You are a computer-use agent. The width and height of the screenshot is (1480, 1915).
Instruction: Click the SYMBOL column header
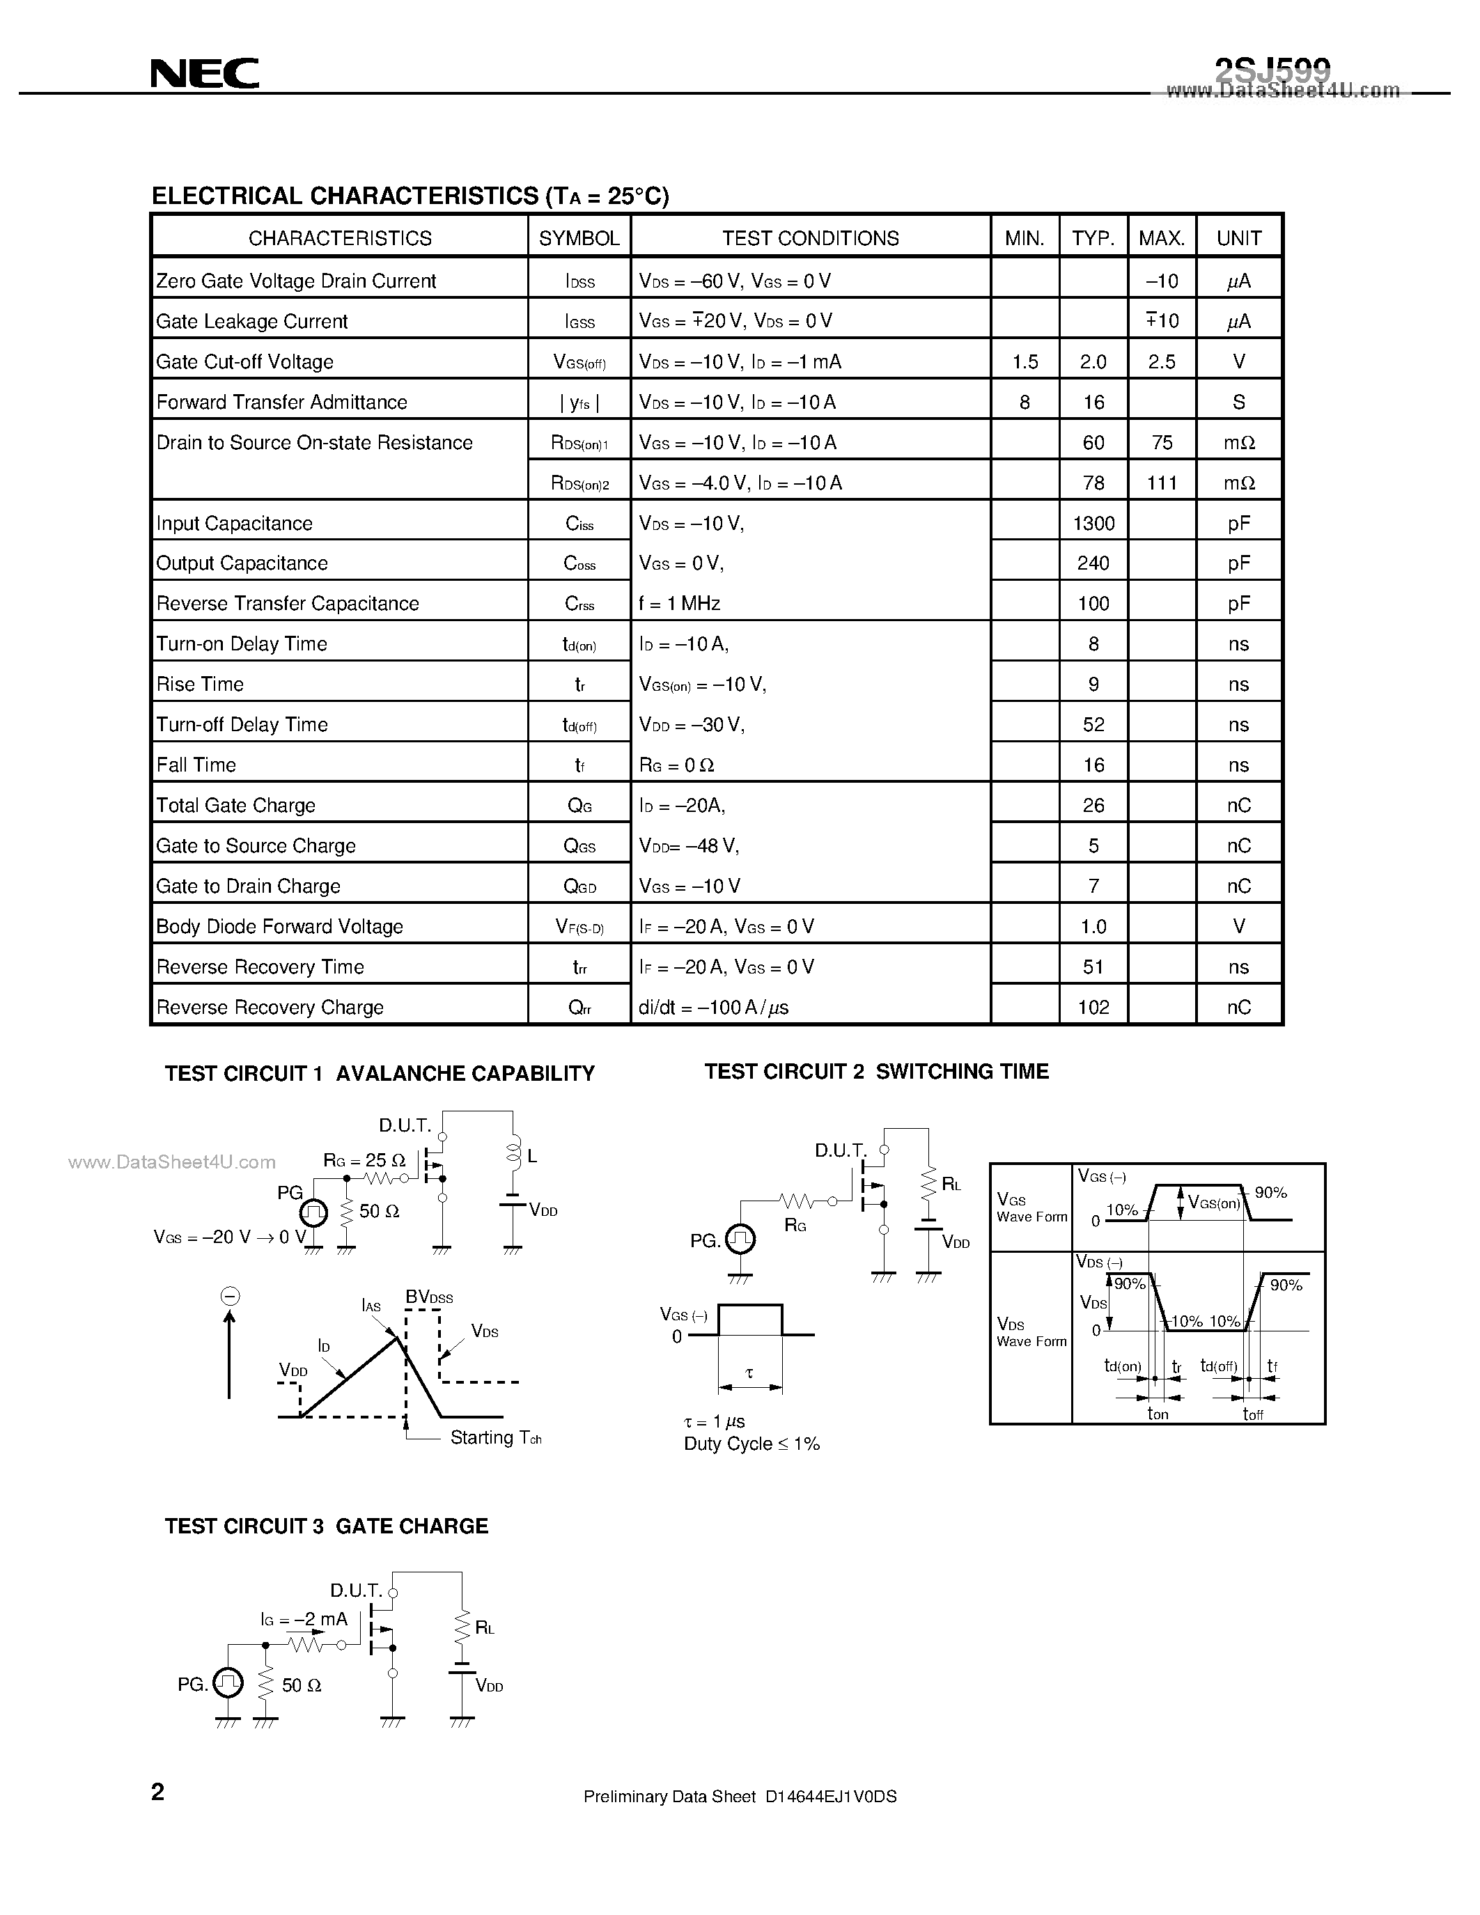[x=579, y=238]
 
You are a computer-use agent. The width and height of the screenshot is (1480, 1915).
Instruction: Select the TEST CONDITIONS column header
[x=810, y=238]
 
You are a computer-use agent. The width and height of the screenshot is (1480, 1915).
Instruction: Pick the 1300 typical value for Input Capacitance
[x=1093, y=524]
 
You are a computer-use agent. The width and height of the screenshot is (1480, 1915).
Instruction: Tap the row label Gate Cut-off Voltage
[x=244, y=362]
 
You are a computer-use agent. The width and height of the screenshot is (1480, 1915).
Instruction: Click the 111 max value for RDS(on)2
[x=1162, y=483]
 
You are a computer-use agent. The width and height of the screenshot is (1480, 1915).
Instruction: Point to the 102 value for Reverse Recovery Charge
[x=1093, y=1008]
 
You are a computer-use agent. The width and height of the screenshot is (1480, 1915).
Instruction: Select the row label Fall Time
[x=196, y=765]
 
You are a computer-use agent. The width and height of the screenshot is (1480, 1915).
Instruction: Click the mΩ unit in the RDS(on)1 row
[x=1239, y=443]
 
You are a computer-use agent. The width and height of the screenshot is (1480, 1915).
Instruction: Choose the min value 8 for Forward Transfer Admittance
[x=1024, y=402]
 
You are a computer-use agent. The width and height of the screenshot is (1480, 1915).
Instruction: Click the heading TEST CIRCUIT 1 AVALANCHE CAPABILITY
[x=380, y=1074]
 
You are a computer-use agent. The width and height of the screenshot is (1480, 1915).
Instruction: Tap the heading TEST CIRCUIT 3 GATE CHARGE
[x=326, y=1526]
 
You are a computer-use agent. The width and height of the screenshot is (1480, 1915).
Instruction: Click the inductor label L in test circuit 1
[x=532, y=1157]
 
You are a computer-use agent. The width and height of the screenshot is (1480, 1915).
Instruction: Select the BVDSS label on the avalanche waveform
[x=429, y=1297]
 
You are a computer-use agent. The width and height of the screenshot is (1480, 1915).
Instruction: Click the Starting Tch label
[x=495, y=1438]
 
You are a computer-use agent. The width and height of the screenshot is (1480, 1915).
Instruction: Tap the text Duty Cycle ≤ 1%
[x=751, y=1444]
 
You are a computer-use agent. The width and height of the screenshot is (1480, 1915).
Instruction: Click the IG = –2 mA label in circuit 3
[x=304, y=1620]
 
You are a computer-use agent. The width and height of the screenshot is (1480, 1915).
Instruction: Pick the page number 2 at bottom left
[x=158, y=1792]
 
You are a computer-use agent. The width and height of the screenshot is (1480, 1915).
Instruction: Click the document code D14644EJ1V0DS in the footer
[x=830, y=1797]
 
